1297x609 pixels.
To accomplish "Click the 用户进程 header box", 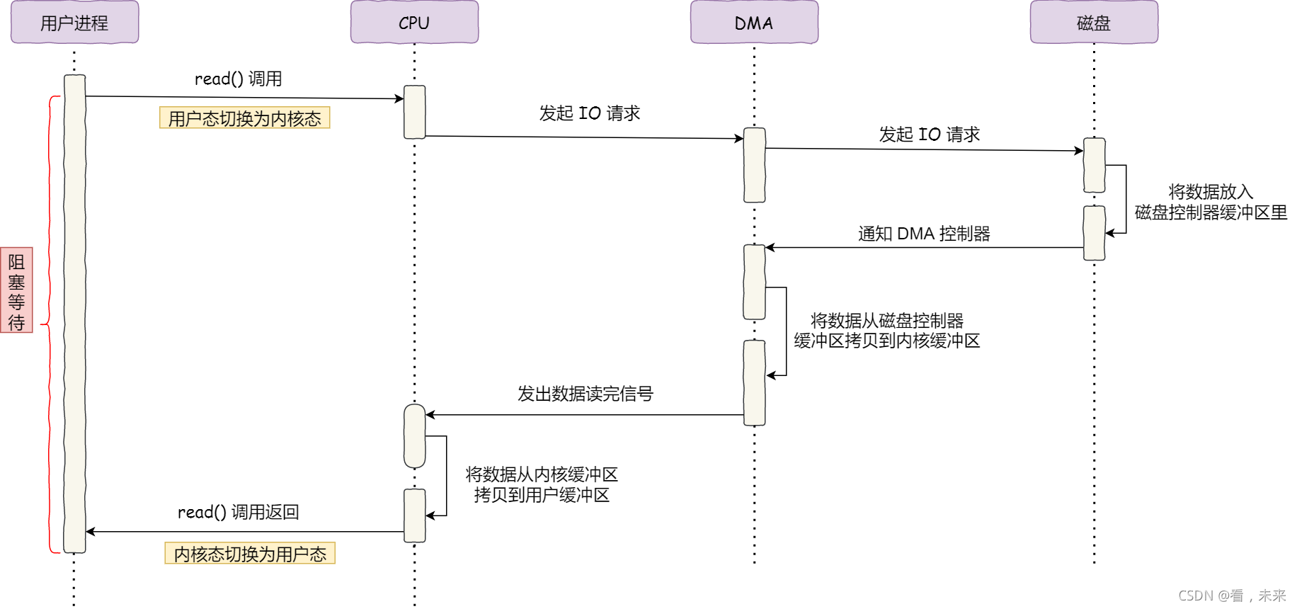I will [74, 23].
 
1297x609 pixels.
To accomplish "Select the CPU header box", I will [414, 23].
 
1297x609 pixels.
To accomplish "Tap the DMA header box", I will [754, 23].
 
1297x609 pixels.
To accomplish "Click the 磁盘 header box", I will [1094, 23].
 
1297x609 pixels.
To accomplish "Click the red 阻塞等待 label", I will [16, 290].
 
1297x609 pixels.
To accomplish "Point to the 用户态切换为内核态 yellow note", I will [245, 118].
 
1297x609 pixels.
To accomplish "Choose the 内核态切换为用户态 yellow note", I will [250, 554].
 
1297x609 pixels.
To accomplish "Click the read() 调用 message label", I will [238, 79].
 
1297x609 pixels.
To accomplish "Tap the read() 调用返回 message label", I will [238, 512].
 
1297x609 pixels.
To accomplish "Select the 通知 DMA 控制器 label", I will [924, 234].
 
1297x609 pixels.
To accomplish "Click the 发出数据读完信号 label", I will [585, 394].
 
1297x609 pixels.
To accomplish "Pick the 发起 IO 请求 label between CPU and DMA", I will [589, 113].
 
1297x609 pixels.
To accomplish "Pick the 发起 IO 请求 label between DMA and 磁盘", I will [929, 135].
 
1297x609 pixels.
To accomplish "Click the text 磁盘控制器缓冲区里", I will [1211, 212].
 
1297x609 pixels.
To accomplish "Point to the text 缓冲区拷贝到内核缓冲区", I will [886, 341].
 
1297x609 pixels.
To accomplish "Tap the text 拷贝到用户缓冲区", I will [542, 495].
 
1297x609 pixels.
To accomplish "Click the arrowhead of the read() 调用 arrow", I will [399, 98].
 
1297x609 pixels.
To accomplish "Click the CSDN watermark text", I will [1232, 596].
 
